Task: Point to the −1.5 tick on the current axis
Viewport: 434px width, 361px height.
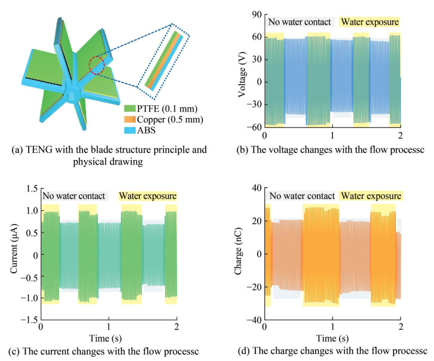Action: [x=28, y=320]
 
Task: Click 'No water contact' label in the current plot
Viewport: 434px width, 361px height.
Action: [x=74, y=195]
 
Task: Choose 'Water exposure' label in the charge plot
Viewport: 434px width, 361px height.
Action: [x=371, y=195]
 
